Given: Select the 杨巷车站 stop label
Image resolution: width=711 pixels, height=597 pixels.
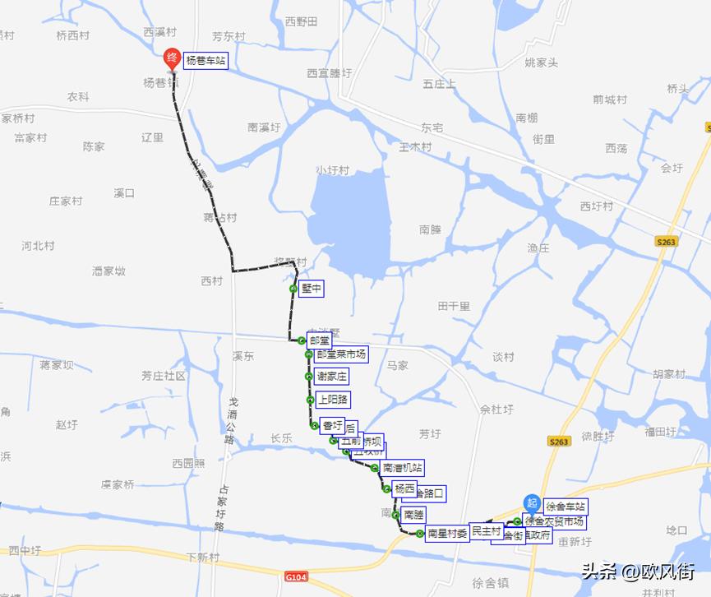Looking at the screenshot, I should [x=205, y=61].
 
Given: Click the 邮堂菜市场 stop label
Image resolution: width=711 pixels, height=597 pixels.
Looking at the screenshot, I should [x=340, y=354].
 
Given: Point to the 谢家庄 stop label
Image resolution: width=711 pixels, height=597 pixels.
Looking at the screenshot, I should [x=332, y=377].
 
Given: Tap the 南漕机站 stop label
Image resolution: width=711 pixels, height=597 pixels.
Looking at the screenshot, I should [x=402, y=468].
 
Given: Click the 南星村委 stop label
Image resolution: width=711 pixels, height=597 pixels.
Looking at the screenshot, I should [x=446, y=534].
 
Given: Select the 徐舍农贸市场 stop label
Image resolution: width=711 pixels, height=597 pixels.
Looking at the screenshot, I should [x=555, y=521].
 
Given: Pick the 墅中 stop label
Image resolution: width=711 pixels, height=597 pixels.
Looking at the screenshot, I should [x=312, y=289].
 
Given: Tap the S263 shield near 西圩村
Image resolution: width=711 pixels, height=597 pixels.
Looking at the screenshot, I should [x=666, y=242].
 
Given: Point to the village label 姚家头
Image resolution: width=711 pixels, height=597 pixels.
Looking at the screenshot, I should [x=541, y=62].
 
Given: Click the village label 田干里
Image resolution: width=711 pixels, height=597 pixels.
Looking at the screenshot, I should [x=453, y=306].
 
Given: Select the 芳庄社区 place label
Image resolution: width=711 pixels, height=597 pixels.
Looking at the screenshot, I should [x=163, y=376].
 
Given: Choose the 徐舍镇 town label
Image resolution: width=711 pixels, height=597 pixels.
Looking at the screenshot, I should [x=491, y=582].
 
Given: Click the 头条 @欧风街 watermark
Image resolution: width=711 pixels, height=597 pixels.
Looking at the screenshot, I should [x=638, y=571].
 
